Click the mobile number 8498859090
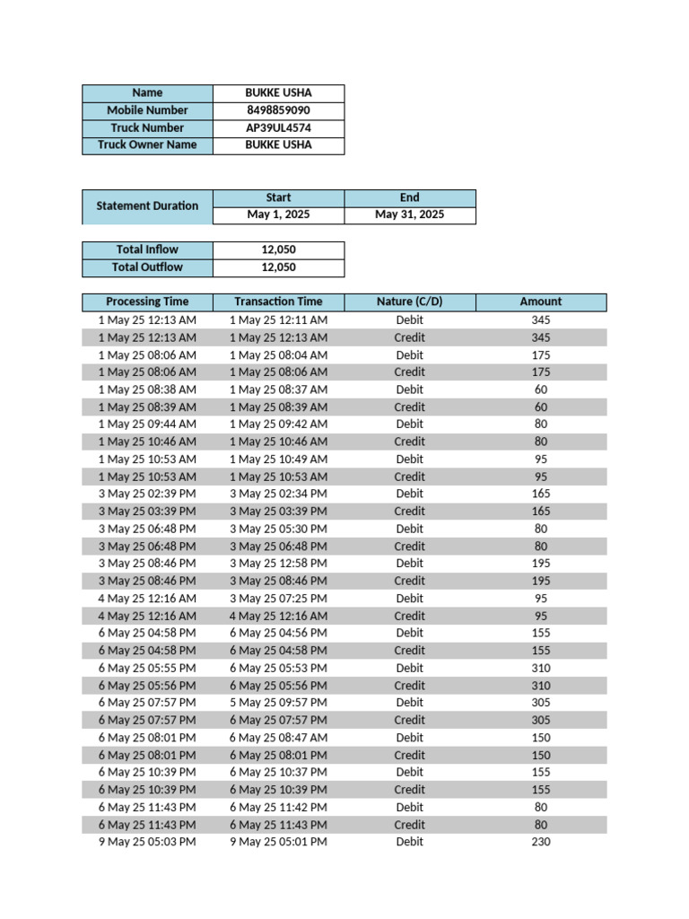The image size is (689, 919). pyautogui.click(x=278, y=110)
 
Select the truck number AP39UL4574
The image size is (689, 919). pyautogui.click(x=278, y=127)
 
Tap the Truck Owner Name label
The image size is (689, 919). pyautogui.click(x=147, y=144)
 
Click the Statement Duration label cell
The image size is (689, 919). pyautogui.click(x=147, y=206)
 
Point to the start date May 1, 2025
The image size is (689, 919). pyautogui.click(x=278, y=214)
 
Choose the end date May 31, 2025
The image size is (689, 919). pyautogui.click(x=409, y=214)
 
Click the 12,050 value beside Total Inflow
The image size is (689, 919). pyautogui.click(x=278, y=249)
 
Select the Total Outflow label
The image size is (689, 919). pyautogui.click(x=147, y=267)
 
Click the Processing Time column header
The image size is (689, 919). pyautogui.click(x=147, y=302)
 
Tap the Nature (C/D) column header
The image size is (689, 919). pyautogui.click(x=409, y=302)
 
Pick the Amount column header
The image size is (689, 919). pyautogui.click(x=540, y=302)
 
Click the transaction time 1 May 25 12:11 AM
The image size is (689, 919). pyautogui.click(x=278, y=319)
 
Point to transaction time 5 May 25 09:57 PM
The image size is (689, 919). pyautogui.click(x=278, y=703)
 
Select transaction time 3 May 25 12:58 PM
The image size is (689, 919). pyautogui.click(x=278, y=564)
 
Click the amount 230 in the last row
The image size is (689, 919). pyautogui.click(x=540, y=842)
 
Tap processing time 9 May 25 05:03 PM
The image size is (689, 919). pyautogui.click(x=147, y=842)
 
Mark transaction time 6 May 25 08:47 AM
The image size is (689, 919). pyautogui.click(x=278, y=738)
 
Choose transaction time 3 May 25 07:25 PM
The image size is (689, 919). pyautogui.click(x=278, y=599)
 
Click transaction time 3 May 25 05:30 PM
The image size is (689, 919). pyautogui.click(x=278, y=529)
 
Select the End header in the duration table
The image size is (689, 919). pyautogui.click(x=409, y=197)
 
